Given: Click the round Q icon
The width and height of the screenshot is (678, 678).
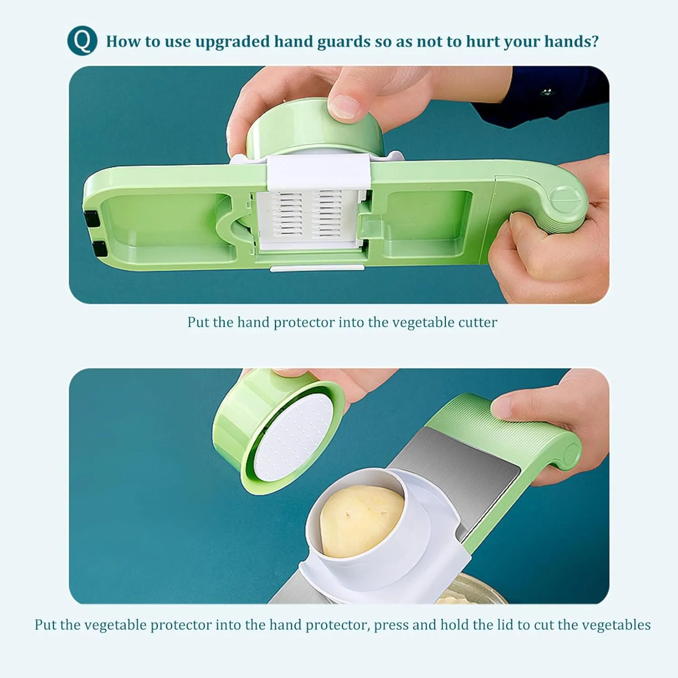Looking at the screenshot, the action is tap(82, 41).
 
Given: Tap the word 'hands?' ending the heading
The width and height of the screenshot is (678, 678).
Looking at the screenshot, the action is tap(571, 41).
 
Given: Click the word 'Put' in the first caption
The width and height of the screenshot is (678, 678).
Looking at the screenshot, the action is tap(198, 322).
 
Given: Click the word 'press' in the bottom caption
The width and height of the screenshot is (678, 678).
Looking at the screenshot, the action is tap(391, 626).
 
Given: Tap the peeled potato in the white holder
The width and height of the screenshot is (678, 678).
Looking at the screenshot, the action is tap(362, 521).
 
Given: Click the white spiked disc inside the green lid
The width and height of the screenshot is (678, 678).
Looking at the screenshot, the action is tap(294, 438).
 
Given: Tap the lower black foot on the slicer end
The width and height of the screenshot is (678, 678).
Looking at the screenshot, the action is tap(99, 249).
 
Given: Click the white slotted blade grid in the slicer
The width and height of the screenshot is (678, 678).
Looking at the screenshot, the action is tap(311, 215).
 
